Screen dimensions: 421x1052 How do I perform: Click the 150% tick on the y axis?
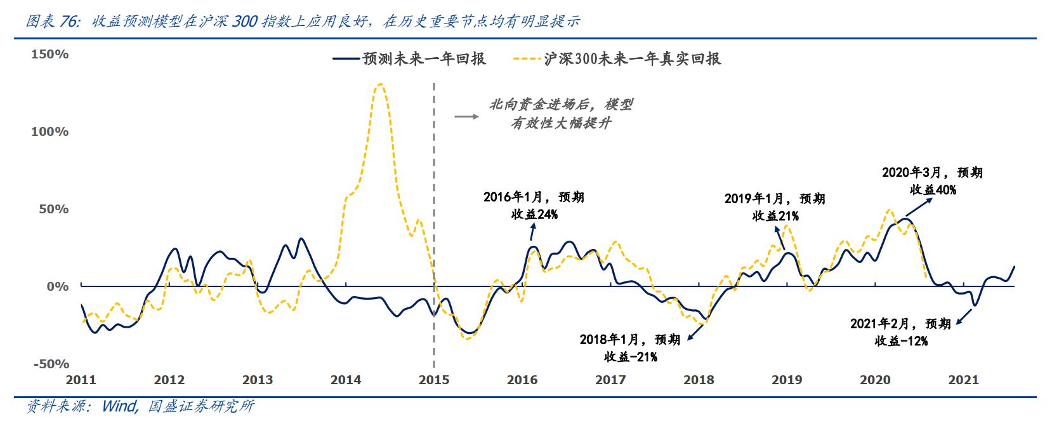coord(50,55)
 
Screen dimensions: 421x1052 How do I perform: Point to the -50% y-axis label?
coord(51,364)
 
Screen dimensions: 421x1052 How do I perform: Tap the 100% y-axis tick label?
coord(50,132)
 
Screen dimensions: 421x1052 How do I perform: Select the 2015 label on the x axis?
coord(434,380)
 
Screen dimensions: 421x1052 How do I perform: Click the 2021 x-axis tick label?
coord(963,380)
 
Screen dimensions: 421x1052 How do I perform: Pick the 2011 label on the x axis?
coord(81,380)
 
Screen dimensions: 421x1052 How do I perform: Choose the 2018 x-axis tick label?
coord(699,380)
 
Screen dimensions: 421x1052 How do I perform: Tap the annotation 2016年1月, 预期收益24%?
coord(534,206)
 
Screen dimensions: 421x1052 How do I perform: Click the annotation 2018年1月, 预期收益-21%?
coord(630,348)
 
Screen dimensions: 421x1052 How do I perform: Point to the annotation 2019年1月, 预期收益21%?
coord(775,208)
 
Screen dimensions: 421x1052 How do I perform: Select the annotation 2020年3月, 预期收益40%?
coord(932,181)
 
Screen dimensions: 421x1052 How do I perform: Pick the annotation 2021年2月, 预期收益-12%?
coord(900,332)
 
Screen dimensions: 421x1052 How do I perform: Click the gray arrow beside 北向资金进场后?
coord(466,116)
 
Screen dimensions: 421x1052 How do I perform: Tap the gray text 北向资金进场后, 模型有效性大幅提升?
coord(561,114)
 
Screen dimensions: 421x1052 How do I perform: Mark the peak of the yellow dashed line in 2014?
coord(379,84)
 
